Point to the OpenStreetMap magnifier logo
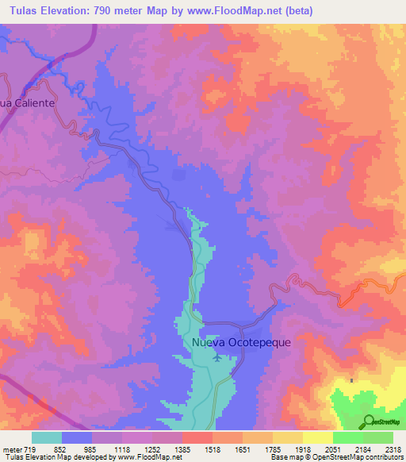click(368, 422)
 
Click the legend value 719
click(28, 449)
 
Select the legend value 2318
click(393, 449)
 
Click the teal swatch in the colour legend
click(47, 437)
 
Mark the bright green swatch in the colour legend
click(347, 437)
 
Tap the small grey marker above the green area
click(350, 380)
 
